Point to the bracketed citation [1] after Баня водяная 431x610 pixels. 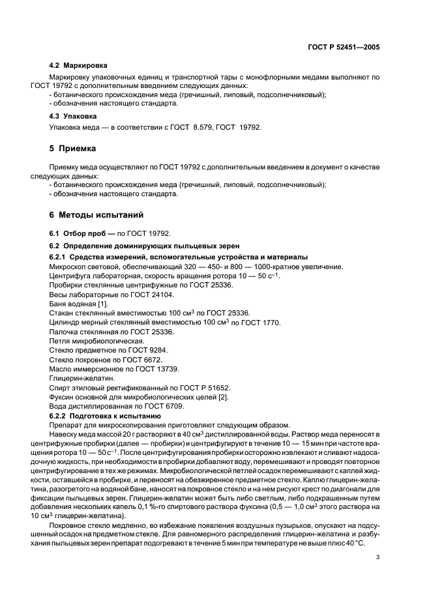pos(104,304)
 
